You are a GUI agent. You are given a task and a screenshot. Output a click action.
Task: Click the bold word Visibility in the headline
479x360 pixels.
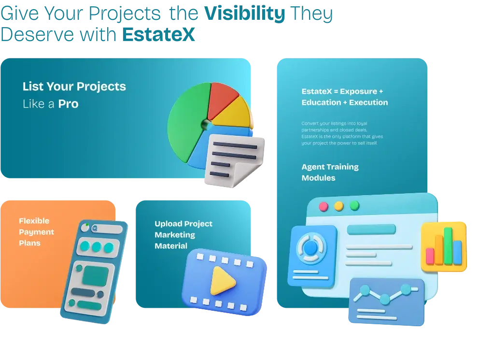[245, 14]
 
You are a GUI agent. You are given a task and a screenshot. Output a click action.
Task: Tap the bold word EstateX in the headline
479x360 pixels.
[158, 34]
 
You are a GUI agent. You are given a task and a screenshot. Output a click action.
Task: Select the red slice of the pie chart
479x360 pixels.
[223, 100]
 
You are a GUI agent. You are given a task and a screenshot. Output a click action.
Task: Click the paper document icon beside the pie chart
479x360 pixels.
[234, 160]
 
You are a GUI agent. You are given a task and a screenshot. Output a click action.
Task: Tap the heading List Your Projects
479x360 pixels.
[74, 87]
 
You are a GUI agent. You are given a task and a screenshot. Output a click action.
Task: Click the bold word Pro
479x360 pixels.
[69, 104]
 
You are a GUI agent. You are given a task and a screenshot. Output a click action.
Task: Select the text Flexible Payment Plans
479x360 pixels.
[36, 232]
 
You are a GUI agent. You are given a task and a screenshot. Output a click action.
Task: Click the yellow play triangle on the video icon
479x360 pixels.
[222, 281]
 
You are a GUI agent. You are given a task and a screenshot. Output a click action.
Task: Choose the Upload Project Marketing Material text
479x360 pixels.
[183, 235]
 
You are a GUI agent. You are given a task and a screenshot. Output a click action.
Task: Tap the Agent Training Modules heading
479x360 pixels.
[330, 173]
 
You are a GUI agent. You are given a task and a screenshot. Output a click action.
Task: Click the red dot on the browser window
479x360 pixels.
[324, 207]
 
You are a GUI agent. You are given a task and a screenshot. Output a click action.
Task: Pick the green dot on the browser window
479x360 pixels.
[354, 205]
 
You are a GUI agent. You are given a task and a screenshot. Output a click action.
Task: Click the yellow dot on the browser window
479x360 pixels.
[339, 206]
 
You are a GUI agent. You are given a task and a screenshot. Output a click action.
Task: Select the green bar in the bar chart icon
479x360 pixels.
[448, 246]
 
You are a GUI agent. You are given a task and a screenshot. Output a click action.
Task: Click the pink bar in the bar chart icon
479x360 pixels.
[430, 256]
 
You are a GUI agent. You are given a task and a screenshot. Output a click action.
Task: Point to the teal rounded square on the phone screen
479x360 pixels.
[96, 276]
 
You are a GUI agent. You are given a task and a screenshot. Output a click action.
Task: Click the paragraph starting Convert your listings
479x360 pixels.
[342, 133]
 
